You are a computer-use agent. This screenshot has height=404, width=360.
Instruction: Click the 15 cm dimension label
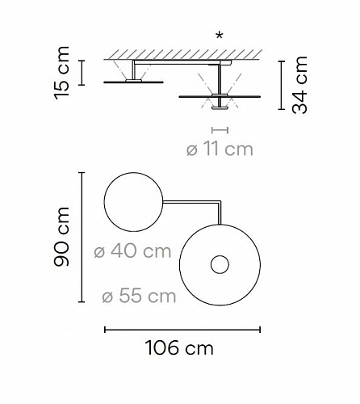(x=62, y=73)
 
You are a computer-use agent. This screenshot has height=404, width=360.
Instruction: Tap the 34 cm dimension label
(x=299, y=85)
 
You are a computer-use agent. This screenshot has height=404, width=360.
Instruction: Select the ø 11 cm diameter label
(x=220, y=149)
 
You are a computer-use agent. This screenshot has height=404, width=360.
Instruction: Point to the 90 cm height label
(x=62, y=237)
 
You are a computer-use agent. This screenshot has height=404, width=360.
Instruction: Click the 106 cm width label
(x=179, y=347)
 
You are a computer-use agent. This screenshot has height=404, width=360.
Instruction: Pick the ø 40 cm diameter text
(x=132, y=251)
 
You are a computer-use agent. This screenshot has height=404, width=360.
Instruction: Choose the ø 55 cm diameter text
(x=139, y=296)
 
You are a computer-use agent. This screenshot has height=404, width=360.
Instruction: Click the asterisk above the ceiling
(x=220, y=36)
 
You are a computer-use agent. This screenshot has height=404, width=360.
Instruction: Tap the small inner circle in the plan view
(x=220, y=264)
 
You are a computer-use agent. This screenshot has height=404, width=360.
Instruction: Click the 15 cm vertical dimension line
(x=82, y=73)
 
